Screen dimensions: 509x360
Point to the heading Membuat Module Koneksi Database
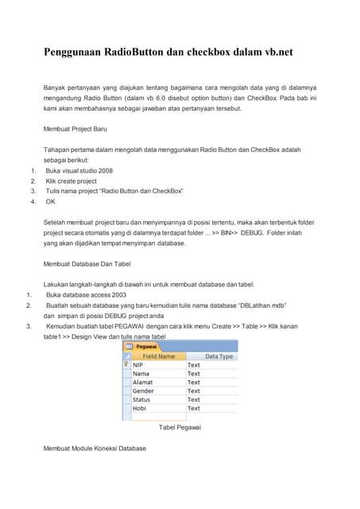(95, 449)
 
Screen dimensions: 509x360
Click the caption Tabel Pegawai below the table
(180, 428)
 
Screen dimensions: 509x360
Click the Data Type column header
(219, 356)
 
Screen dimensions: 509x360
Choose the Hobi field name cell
(139, 408)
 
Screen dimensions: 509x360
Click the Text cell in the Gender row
(194, 391)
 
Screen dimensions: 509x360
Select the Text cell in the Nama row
(194, 374)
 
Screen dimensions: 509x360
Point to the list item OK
(51, 201)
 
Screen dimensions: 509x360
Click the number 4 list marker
(33, 201)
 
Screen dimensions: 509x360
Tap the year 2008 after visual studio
(105, 170)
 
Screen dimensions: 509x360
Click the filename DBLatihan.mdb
(263, 305)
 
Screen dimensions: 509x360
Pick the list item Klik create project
(72, 181)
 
